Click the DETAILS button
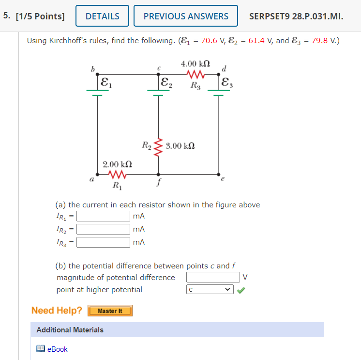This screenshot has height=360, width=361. pyautogui.click(x=102, y=16)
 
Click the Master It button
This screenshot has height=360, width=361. pyautogui.click(x=110, y=311)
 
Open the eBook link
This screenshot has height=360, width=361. pyautogui.click(x=57, y=349)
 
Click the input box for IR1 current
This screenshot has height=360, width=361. pyautogui.click(x=103, y=216)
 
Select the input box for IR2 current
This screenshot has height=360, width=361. pyautogui.click(x=103, y=229)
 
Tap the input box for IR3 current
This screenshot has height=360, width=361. pyautogui.click(x=103, y=242)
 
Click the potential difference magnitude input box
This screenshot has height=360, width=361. pyautogui.click(x=213, y=277)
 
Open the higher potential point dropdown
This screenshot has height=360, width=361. pyautogui.click(x=210, y=290)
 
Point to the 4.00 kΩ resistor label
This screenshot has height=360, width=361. pyautogui.click(x=195, y=63)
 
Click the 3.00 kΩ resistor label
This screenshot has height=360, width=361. pyautogui.click(x=180, y=145)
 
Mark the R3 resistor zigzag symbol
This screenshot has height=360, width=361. pyautogui.click(x=195, y=74)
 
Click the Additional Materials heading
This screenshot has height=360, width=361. pyautogui.click(x=70, y=330)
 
